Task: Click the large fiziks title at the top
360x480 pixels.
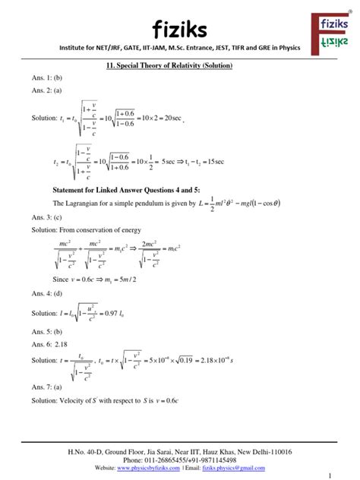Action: [x=179, y=30]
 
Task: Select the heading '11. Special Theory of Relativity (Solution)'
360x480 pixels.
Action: [x=180, y=67]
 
